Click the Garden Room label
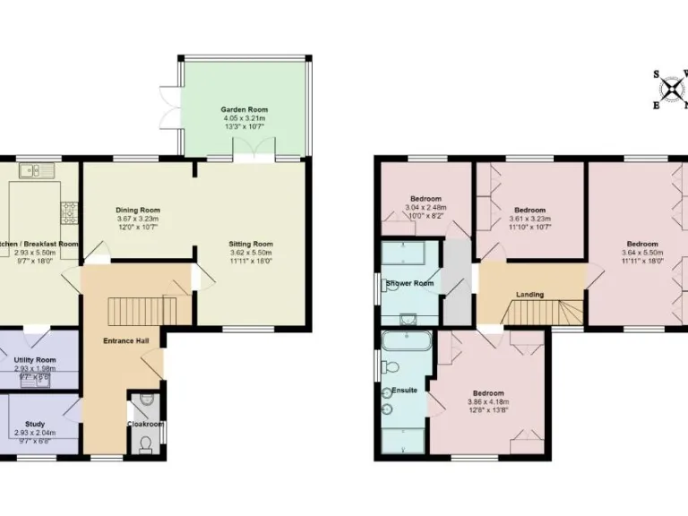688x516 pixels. click(x=245, y=109)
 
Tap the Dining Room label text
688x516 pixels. click(x=137, y=210)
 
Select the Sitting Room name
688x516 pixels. click(x=251, y=244)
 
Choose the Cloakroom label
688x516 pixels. click(x=144, y=424)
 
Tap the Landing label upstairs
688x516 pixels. click(x=530, y=294)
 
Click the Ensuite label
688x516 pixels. click(x=404, y=391)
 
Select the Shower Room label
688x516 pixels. click(x=409, y=284)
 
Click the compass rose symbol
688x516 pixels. click(x=670, y=90)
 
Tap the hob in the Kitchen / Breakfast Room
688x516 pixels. click(x=69, y=212)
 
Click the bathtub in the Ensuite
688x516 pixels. click(x=406, y=341)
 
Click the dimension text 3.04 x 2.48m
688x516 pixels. click(x=426, y=208)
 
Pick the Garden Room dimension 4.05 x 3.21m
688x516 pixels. click(x=245, y=118)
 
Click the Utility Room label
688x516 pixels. click(x=36, y=359)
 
